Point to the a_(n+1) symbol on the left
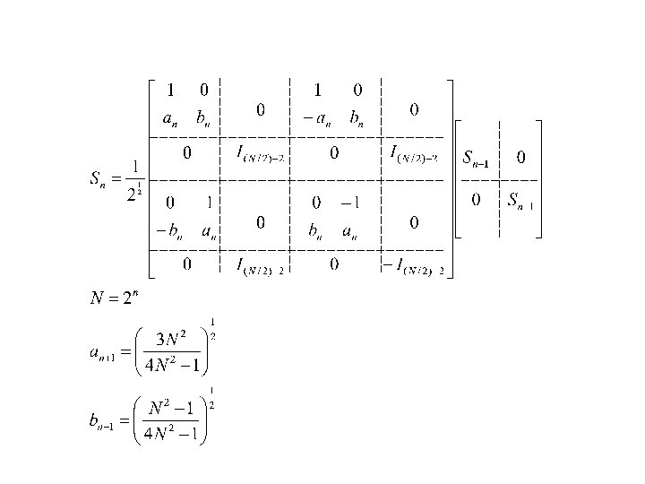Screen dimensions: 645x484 [x=99, y=353]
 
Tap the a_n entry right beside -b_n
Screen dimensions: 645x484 [x=209, y=233]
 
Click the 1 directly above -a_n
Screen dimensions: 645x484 [x=316, y=90]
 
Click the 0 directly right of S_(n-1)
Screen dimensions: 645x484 [x=521, y=158]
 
